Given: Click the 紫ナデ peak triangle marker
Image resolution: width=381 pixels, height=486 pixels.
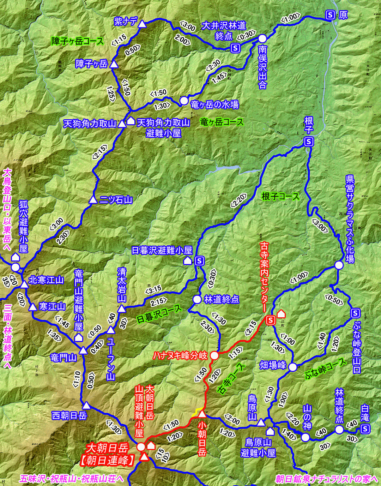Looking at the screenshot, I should pos(142,24).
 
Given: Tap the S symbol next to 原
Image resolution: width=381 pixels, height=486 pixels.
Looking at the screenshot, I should pos(330,15).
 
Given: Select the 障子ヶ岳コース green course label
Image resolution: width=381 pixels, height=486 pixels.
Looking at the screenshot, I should pos(78,41).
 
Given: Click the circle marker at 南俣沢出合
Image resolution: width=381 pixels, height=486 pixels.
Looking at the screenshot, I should pos(262,38).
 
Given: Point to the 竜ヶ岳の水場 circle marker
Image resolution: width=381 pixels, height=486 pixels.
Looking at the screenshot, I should pos(184,101).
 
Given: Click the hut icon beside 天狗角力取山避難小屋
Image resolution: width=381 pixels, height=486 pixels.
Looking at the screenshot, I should pos(131,121).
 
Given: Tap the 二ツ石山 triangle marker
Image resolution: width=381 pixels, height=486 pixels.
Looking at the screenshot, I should pos(93,200).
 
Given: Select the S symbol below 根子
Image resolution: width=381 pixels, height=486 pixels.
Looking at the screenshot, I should pos(309,142).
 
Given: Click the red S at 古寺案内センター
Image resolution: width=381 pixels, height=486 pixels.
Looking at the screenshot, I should pos(271,320).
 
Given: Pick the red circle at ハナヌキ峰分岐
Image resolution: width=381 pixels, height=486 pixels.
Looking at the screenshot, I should pos(214,355).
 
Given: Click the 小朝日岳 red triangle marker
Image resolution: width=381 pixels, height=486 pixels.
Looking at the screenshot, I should pos(202,414).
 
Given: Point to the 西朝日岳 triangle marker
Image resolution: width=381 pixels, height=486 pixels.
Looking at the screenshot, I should pos(86,405).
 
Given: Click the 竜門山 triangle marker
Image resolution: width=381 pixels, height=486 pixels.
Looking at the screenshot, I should pos(83,350).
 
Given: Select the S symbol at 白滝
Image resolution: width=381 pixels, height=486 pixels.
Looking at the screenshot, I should pos(365,429).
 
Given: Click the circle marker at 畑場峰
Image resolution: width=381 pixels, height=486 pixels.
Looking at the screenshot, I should pos(292,367).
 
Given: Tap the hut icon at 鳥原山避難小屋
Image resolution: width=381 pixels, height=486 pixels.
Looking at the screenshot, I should pos(270,431).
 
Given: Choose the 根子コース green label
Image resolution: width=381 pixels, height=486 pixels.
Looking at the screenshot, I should pos(280,196).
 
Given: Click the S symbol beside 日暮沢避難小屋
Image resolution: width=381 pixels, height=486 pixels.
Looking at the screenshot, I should pos(199,261).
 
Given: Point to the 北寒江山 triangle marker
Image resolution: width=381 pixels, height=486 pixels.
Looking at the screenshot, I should pos(24,284).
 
